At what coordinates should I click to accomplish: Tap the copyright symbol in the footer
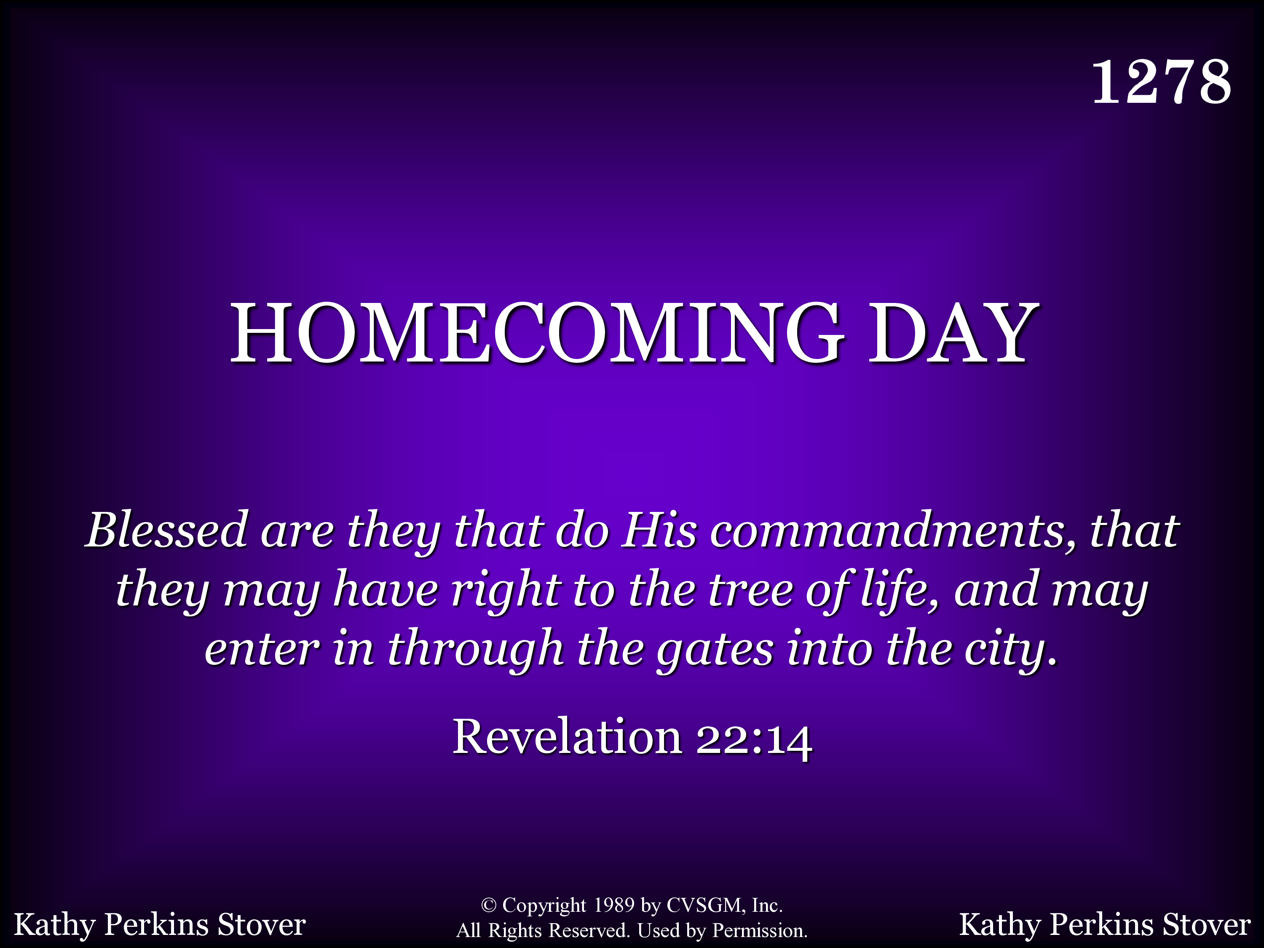click(x=488, y=905)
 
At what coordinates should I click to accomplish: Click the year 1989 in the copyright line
click(x=614, y=905)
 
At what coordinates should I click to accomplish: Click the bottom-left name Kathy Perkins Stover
click(x=160, y=924)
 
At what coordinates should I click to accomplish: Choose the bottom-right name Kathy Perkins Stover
click(x=1105, y=924)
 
